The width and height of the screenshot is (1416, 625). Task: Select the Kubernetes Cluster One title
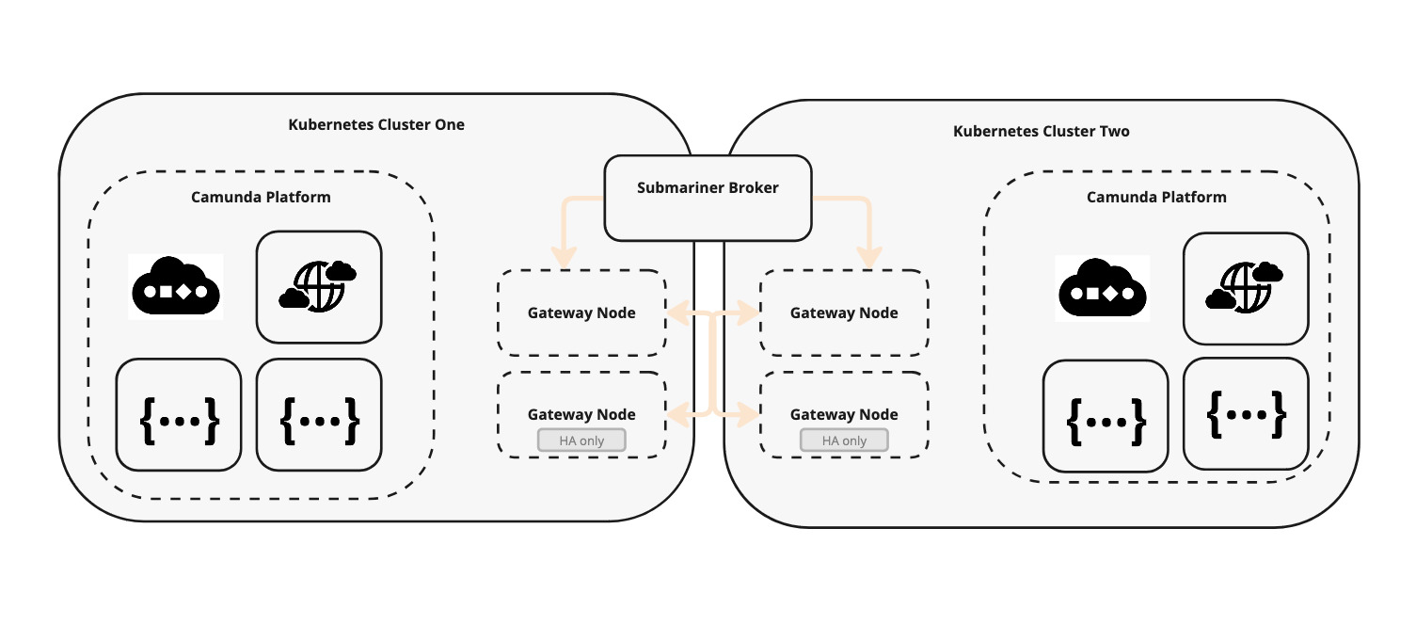(x=376, y=124)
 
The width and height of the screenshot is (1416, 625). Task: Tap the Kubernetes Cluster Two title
(x=1041, y=131)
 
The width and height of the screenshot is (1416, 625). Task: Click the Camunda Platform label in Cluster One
(x=261, y=197)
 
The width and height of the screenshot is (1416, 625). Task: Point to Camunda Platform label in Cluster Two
(x=1156, y=197)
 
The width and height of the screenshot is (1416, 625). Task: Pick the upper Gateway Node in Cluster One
(x=581, y=312)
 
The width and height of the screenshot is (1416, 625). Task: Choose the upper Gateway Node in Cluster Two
(x=844, y=312)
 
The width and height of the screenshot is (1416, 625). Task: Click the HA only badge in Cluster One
(x=581, y=441)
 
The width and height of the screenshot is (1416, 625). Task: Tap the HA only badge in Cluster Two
(x=844, y=441)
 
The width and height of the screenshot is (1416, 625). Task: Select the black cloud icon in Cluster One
(x=176, y=286)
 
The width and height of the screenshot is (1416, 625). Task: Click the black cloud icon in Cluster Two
(x=1104, y=286)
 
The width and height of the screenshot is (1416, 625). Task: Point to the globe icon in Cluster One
(x=319, y=286)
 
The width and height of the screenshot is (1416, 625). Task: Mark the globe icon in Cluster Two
(x=1245, y=288)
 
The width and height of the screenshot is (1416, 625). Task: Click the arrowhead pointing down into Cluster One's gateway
(x=564, y=257)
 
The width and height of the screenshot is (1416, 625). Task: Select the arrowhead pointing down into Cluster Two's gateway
(x=871, y=257)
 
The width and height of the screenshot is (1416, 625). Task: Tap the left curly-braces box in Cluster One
(x=179, y=414)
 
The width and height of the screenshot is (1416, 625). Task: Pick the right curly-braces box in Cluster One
(x=319, y=414)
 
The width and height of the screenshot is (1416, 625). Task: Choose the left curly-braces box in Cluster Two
(x=1106, y=415)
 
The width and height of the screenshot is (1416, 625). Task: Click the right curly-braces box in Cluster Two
(x=1246, y=413)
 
